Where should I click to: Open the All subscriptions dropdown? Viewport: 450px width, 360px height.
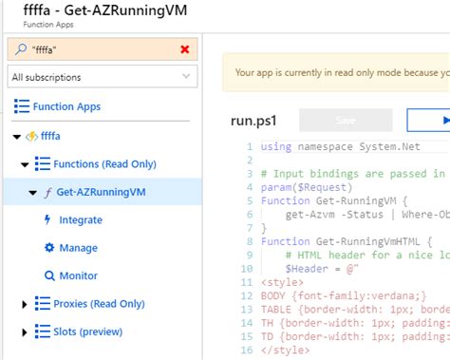coord(103,77)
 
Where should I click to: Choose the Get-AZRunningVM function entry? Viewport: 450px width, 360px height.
coord(107,193)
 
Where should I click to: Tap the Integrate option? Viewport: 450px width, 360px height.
coord(81,220)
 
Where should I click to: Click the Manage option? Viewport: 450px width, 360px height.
coord(78,248)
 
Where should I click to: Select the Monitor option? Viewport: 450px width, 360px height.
coord(78,275)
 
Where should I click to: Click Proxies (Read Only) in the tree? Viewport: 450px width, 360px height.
coord(99,303)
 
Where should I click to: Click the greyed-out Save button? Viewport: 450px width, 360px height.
coord(345,120)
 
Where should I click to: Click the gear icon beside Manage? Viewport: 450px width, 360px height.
coord(50,248)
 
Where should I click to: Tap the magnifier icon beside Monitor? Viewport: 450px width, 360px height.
coord(50,275)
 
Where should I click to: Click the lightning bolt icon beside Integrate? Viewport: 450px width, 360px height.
coord(50,220)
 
